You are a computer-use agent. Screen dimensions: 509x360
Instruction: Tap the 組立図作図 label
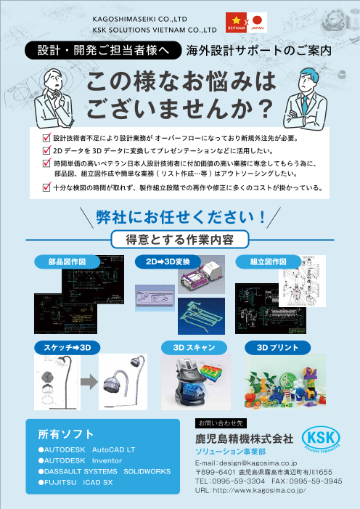[x=267, y=261]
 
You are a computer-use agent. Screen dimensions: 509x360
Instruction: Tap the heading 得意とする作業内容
[x=179, y=239]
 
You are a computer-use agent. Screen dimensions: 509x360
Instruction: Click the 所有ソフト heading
[x=66, y=434]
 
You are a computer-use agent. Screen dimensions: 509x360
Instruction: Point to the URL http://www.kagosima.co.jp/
[x=250, y=490]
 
